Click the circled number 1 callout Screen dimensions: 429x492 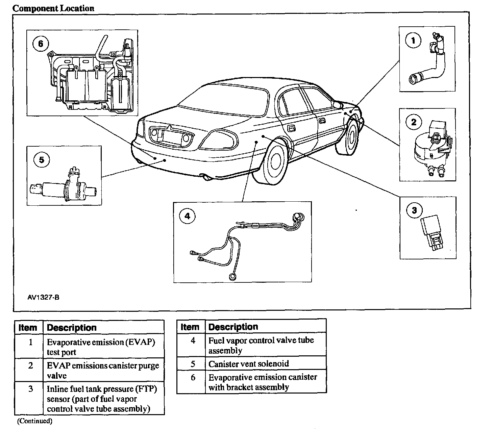click(413, 41)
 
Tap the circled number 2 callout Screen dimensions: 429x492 click(414, 122)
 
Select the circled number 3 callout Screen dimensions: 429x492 click(414, 211)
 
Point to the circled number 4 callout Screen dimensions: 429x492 click(188, 216)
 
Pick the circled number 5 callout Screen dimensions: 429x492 click(42, 159)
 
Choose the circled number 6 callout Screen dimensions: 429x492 click(41, 44)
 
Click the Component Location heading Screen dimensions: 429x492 click(53, 8)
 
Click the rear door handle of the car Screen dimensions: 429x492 click(290, 129)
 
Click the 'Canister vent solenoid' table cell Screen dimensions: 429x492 click(249, 364)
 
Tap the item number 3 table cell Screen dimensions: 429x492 click(30, 389)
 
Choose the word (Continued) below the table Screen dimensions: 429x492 click(35, 421)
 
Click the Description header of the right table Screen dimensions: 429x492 click(233, 327)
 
